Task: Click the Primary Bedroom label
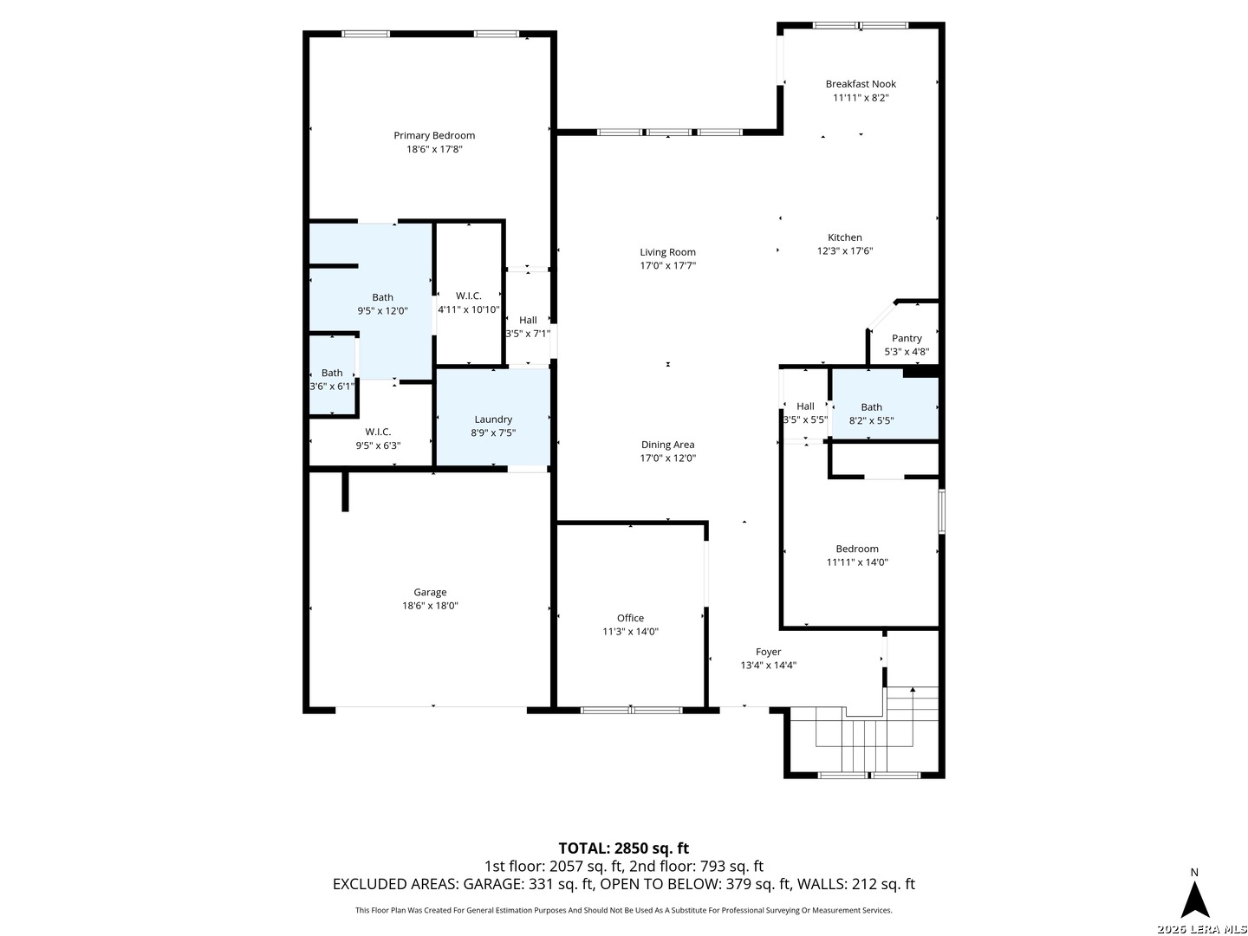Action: pos(434,135)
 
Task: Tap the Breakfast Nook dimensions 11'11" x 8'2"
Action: pos(861,97)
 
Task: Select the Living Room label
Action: pos(667,251)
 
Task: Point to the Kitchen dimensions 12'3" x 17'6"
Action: pos(844,250)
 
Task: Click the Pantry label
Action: pos(907,338)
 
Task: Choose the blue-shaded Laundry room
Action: pos(493,418)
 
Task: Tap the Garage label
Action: pos(430,592)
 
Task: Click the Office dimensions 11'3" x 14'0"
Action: pos(630,632)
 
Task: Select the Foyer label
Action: pos(768,652)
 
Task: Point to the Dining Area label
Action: pos(667,445)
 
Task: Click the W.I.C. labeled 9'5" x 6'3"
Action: pos(378,439)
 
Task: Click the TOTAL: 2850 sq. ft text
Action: pos(623,848)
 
